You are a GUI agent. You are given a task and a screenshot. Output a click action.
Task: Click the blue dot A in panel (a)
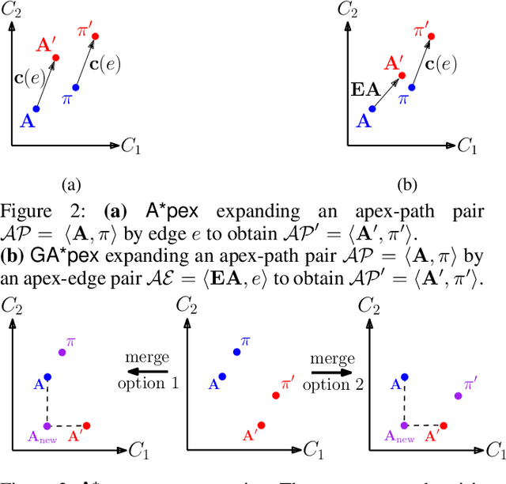coord(36,108)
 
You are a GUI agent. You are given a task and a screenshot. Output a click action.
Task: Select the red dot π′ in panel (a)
coord(96,36)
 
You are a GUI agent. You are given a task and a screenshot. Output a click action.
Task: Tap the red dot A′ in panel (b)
coord(402,76)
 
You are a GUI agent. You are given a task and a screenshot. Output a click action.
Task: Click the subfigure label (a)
coord(71,185)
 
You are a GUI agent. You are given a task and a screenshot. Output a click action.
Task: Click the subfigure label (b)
coord(406,185)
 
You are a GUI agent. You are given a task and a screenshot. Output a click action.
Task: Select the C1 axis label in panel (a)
coord(131,146)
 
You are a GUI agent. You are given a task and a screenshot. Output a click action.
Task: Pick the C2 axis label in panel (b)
coord(346,10)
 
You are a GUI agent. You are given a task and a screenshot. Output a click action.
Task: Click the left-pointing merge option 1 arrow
coord(149,370)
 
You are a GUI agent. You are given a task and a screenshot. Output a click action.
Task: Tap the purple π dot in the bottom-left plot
coord(61,352)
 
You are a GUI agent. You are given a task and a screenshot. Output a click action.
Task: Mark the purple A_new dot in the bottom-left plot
coord(47,426)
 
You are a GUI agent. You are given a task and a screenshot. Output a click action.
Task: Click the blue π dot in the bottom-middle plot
coord(236,352)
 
